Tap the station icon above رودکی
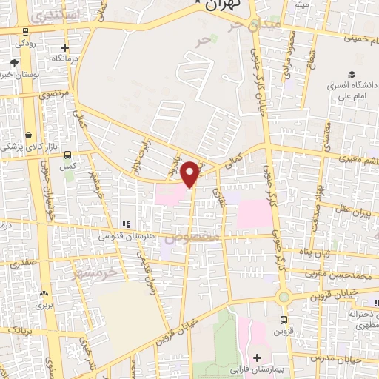point(27,32)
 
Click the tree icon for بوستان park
point(15,64)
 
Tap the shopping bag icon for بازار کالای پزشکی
point(29,135)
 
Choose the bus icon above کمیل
point(68,155)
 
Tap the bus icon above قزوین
point(285,320)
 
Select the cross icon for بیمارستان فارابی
point(256,358)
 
